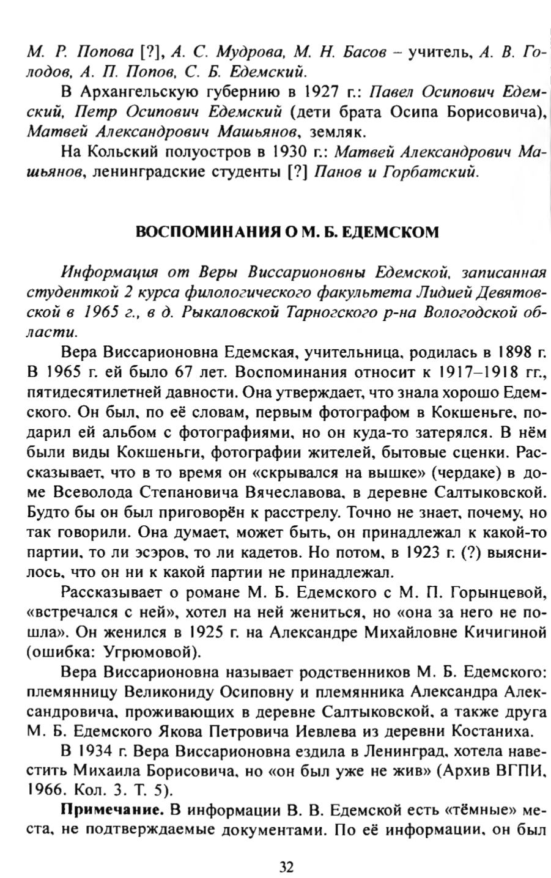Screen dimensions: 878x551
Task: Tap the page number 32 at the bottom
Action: click(x=286, y=866)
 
